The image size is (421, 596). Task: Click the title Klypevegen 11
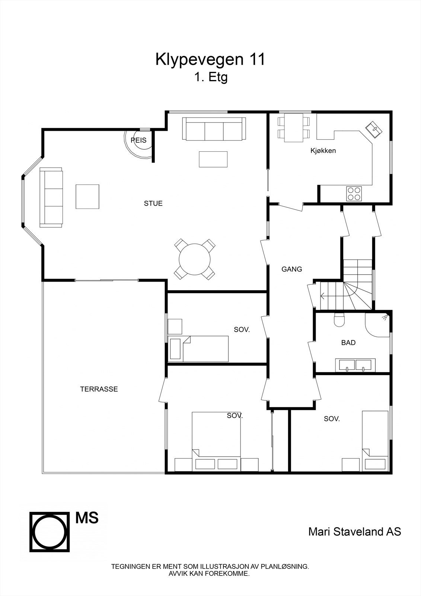[210, 60]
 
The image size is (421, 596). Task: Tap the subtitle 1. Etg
[210, 77]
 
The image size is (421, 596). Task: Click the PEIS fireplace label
[138, 140]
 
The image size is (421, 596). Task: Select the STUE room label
[153, 203]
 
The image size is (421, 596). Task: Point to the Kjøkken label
[323, 151]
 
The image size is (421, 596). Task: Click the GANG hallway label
[291, 269]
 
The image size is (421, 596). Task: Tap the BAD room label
[348, 343]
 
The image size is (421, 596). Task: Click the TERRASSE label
[99, 389]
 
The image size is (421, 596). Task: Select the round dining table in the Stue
[195, 259]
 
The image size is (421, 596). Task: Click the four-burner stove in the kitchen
[354, 193]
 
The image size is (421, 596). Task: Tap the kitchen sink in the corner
[374, 130]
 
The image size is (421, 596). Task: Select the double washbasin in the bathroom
[355, 365]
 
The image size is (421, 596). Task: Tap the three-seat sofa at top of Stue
[214, 129]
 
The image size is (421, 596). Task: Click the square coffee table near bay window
[87, 196]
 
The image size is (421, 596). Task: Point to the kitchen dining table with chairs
[294, 128]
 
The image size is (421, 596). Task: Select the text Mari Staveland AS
[354, 532]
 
